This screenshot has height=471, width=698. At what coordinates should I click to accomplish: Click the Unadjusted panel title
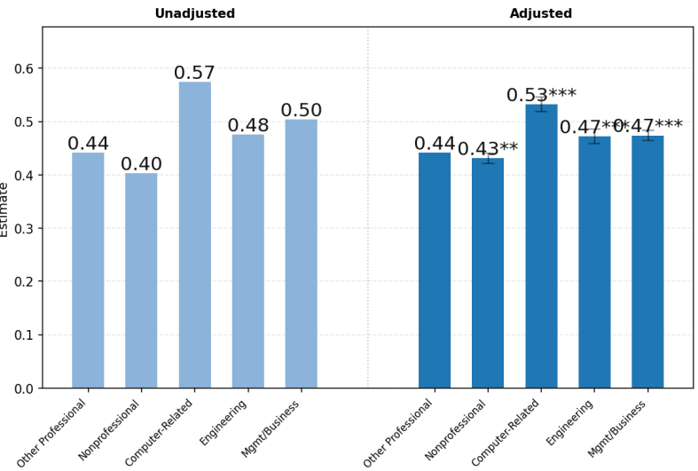194,13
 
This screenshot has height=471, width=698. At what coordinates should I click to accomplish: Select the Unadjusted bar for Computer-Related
194,235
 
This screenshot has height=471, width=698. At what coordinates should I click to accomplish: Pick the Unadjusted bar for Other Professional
88,270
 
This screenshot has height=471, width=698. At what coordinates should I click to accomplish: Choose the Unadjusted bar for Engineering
247,261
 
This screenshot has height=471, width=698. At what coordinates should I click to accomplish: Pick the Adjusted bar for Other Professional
435,270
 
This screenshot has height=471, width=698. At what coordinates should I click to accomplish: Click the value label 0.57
194,73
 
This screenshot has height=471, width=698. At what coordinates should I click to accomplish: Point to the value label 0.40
141,164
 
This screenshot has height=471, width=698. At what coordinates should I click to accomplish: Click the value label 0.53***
541,95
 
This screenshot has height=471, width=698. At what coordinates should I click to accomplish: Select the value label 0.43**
488,149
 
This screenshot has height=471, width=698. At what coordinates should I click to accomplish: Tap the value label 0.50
301,110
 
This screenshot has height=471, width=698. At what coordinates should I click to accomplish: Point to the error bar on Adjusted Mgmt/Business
647,136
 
